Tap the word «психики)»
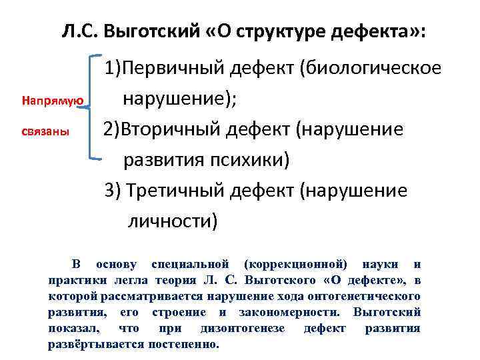tap(247, 159)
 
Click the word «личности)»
tap(173, 220)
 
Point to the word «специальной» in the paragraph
tap(191, 265)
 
